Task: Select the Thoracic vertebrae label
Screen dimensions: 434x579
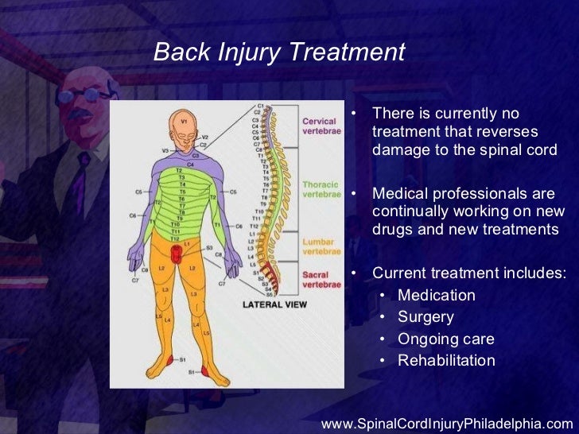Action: point(321,189)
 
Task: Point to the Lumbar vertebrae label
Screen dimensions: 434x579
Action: point(321,246)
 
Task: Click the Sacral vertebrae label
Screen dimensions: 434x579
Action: point(321,279)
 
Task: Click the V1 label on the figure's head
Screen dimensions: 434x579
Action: point(184,122)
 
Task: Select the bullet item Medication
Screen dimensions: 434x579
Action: point(436,296)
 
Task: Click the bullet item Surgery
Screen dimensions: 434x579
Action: point(426,317)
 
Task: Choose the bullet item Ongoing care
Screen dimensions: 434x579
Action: point(445,339)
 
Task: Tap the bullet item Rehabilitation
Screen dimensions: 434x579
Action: point(446,361)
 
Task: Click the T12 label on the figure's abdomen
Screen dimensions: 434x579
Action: point(175,239)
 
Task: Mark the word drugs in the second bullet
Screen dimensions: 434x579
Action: point(391,231)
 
